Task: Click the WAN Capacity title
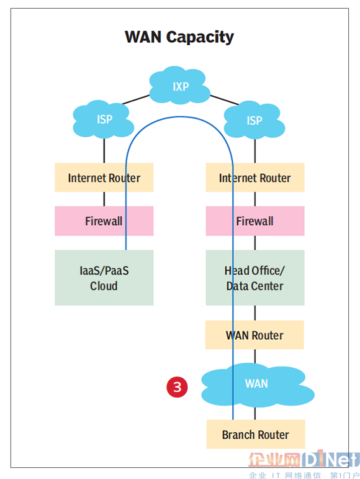(179, 37)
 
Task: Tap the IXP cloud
(180, 85)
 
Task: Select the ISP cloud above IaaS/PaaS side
(104, 119)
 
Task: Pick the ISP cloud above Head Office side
(254, 120)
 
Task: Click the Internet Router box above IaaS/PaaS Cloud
(104, 178)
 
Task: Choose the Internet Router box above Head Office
(255, 178)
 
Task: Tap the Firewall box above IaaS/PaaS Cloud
(104, 221)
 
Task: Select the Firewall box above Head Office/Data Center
(255, 221)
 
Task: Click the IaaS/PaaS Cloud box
(104, 278)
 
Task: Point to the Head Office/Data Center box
(255, 278)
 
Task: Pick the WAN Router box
(254, 335)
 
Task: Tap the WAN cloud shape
(258, 385)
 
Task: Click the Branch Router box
(256, 434)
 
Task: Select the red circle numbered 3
(177, 387)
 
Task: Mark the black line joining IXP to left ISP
(136, 99)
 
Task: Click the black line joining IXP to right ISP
(225, 100)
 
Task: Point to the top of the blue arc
(180, 117)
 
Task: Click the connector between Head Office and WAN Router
(255, 313)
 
